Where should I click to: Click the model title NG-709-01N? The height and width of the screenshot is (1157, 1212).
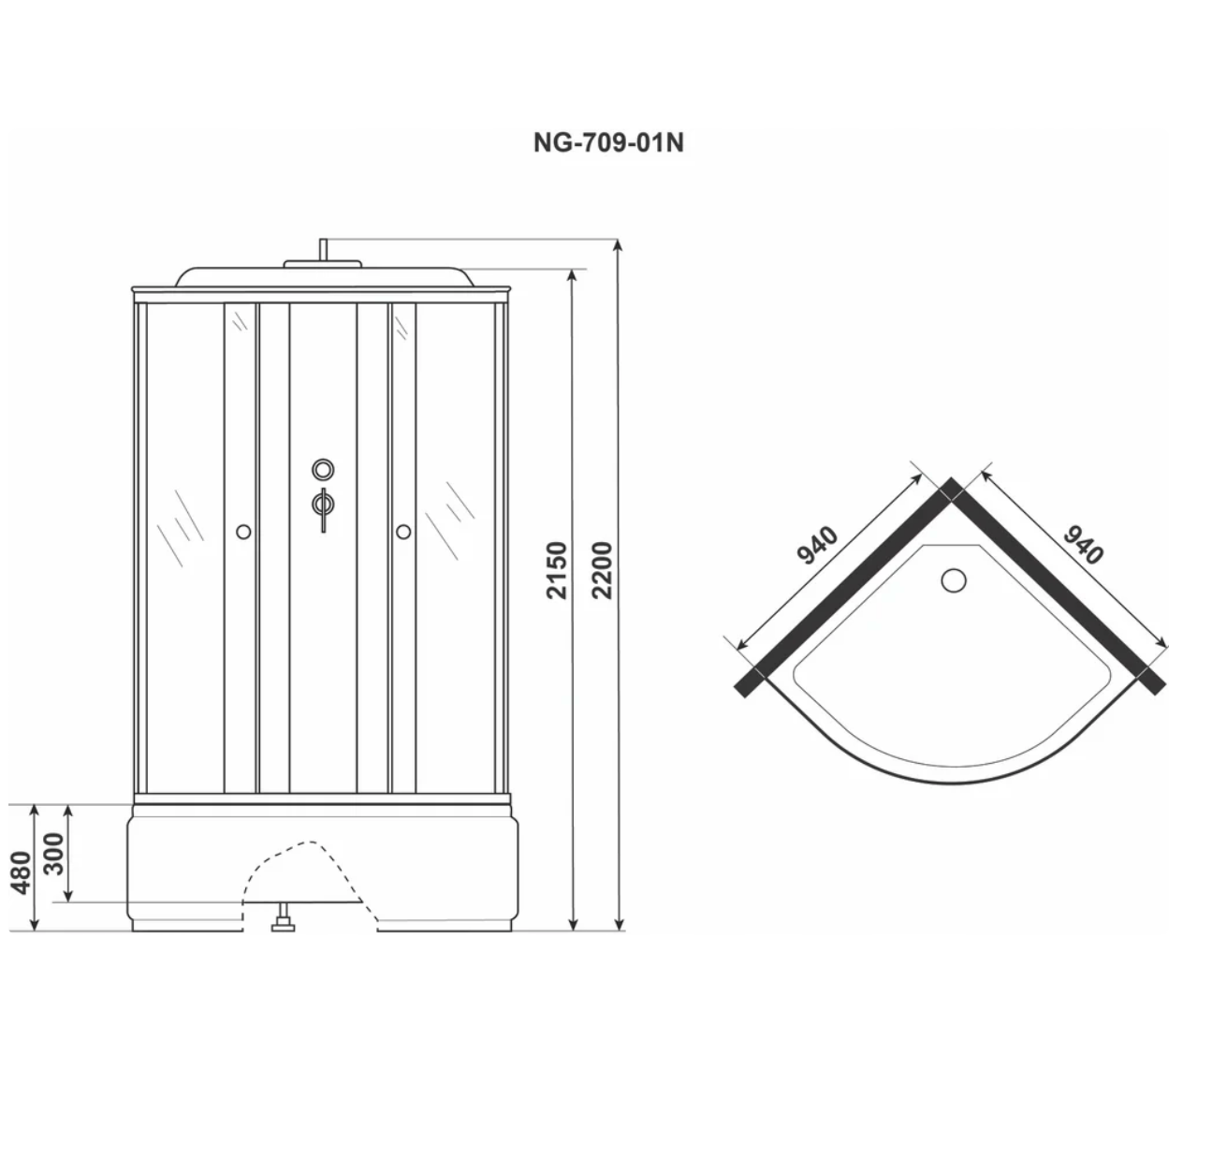[607, 142]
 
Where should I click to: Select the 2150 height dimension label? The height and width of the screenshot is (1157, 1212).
[557, 570]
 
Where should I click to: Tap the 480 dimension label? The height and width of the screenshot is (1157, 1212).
[22, 872]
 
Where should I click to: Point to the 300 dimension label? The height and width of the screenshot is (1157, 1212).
[54, 854]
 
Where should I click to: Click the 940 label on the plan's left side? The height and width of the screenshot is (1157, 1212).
[817, 545]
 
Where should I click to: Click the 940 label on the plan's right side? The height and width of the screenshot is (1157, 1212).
[1083, 544]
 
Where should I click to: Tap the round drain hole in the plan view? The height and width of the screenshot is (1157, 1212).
[954, 580]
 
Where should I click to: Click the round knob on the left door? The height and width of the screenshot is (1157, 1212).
[243, 532]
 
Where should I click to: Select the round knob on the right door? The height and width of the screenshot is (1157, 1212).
[403, 532]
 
